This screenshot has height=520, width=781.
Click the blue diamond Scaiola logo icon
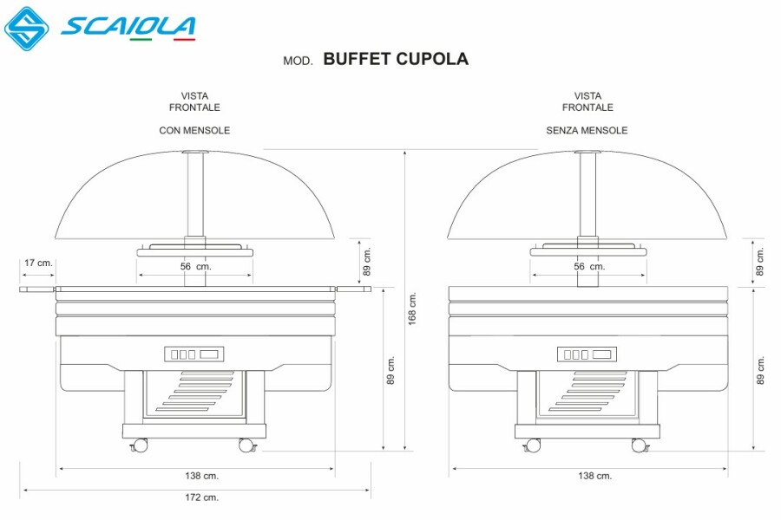(26, 29)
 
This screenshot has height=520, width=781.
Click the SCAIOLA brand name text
(128, 27)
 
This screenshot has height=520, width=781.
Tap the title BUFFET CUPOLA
(396, 59)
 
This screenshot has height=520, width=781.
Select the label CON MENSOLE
(194, 130)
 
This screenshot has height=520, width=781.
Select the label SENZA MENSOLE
(587, 130)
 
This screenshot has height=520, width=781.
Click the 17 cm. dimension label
(38, 263)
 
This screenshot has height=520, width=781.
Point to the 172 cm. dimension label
(201, 497)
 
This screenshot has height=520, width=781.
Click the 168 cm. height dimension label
(412, 309)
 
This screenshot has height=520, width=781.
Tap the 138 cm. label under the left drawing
(201, 476)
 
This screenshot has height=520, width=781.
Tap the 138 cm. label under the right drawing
(594, 476)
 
